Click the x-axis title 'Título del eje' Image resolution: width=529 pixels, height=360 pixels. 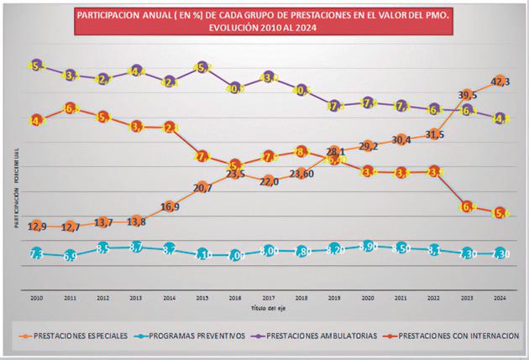[x=270, y=307]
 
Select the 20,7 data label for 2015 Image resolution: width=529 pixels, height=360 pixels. [x=202, y=187]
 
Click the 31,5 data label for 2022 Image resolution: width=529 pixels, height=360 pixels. [x=434, y=134]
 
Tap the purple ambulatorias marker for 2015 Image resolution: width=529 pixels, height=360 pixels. [x=202, y=68]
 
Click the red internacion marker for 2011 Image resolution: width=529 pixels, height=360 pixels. [x=71, y=109]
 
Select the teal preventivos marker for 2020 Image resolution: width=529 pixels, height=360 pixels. [x=369, y=246]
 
